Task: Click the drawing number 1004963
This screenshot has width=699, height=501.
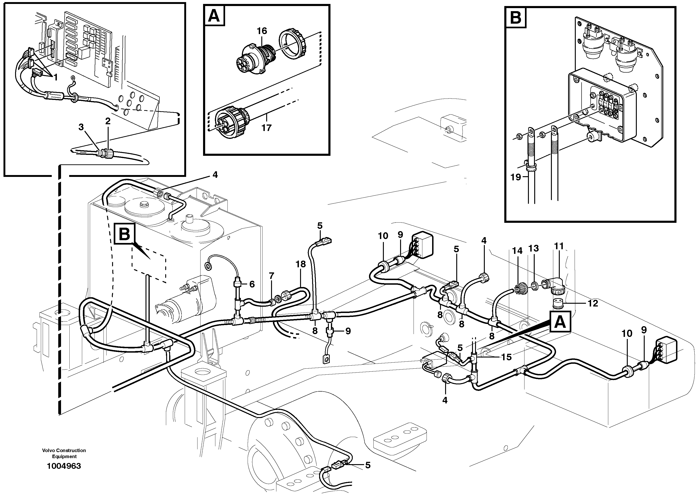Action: pos(64,466)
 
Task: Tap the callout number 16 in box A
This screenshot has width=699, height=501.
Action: pos(262,31)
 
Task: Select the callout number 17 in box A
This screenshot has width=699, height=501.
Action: pos(266,128)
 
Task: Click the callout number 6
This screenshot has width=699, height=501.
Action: pos(252,284)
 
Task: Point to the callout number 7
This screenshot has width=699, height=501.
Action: pos(271,276)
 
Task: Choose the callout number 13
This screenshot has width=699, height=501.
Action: pos(534,248)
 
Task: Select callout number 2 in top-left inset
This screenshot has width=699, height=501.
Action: pos(107,121)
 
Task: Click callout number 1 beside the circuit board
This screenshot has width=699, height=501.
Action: pos(55,77)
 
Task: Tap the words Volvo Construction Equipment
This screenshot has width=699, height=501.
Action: pos(64,453)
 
